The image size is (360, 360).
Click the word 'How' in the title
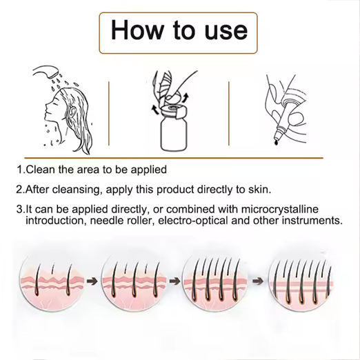tap(137, 30)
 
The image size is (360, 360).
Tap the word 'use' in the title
tap(226, 32)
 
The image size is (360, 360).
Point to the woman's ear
tap(72, 112)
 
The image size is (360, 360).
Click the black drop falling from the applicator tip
tap(277, 143)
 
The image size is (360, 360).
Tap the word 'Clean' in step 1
tap(41, 170)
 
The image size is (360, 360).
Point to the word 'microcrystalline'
tap(280, 210)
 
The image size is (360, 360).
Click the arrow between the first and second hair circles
tap(92, 281)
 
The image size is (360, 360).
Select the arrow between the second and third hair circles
tap(174, 281)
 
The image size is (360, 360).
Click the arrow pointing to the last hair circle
tap(258, 281)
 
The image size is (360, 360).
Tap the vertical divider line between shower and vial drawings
tap(109, 113)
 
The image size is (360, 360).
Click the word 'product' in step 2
tap(175, 190)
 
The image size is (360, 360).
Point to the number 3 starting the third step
tap(19, 210)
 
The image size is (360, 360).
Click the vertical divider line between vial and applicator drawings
tap(229, 113)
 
